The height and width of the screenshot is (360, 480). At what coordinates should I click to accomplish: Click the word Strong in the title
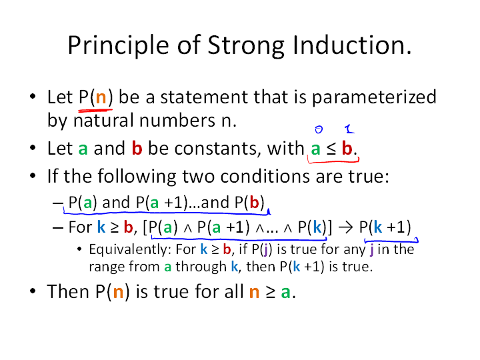click(x=246, y=46)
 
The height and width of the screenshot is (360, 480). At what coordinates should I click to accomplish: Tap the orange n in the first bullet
click(x=101, y=98)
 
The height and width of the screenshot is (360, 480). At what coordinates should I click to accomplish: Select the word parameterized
click(x=374, y=97)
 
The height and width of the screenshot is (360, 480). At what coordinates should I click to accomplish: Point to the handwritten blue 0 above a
click(x=319, y=129)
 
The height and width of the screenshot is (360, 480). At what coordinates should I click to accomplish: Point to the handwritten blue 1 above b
click(x=349, y=129)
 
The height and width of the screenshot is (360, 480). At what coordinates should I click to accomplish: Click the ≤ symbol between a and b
click(x=331, y=149)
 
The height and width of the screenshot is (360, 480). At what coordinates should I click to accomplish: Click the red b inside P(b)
click(x=255, y=203)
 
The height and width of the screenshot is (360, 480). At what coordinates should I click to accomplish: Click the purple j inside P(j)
click(x=265, y=250)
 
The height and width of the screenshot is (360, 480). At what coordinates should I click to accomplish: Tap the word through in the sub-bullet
click(x=201, y=267)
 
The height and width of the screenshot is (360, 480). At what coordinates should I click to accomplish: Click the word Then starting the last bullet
click(x=67, y=291)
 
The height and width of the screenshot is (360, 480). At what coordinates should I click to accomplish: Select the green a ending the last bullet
click(x=285, y=292)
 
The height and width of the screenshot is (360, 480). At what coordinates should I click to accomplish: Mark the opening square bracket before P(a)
click(x=145, y=228)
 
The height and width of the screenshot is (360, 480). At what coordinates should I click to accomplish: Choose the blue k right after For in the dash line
click(x=101, y=227)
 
